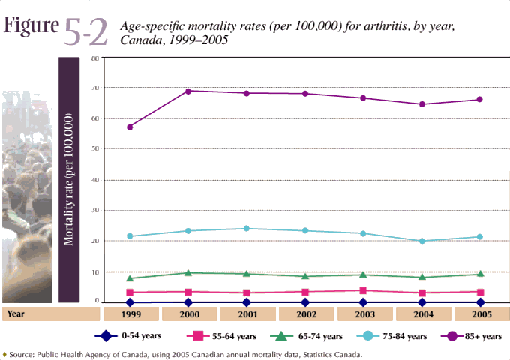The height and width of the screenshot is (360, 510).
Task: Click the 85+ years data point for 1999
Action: [x=130, y=127]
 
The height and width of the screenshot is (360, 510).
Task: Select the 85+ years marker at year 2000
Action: [x=188, y=91]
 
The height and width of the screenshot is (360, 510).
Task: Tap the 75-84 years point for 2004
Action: [x=422, y=241]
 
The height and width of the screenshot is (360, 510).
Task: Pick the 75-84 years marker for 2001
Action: [x=247, y=229]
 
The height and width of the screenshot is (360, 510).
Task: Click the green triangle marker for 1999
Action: [x=130, y=277]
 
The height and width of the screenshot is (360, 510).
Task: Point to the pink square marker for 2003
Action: [x=364, y=290]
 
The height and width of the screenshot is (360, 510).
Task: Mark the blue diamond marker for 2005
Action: [x=480, y=302]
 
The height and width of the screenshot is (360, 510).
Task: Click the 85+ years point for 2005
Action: [x=480, y=99]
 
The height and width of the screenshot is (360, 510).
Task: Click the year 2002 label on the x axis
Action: [x=305, y=313]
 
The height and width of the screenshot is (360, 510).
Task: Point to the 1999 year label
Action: [x=130, y=313]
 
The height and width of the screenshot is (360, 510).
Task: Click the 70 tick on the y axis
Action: [x=95, y=88]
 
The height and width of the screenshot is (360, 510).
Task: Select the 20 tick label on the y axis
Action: [x=95, y=241]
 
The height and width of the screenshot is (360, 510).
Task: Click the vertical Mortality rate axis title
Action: [x=69, y=180]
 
